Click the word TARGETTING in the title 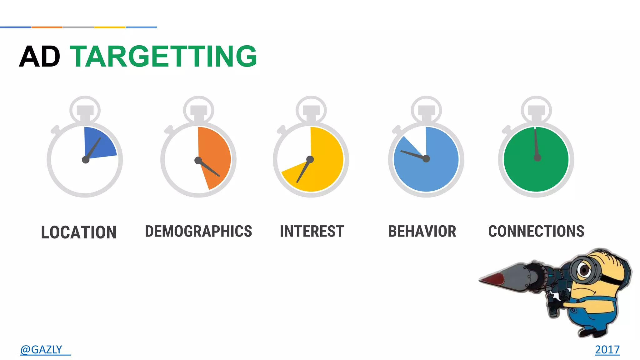point(163,57)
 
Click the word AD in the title point(40,57)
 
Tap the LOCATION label point(79,232)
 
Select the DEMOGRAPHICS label point(198,231)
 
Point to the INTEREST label point(312,231)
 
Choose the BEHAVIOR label point(422,231)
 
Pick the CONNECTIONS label point(536,231)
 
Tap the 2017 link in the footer point(607,349)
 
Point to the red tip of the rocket point(491,278)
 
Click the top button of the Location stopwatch point(85,110)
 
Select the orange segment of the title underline point(47,27)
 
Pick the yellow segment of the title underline point(110,27)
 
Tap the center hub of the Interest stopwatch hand point(310,159)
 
